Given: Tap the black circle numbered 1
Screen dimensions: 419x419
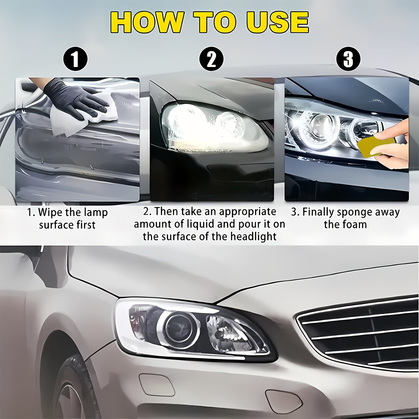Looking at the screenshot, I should (x=75, y=59).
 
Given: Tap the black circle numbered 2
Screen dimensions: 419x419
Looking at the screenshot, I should (x=211, y=59).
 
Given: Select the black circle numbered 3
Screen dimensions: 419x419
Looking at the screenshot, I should (x=348, y=59).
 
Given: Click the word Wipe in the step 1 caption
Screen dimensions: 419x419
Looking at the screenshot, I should (x=50, y=213).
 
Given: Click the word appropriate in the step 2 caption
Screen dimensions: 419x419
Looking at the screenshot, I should (x=247, y=212).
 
